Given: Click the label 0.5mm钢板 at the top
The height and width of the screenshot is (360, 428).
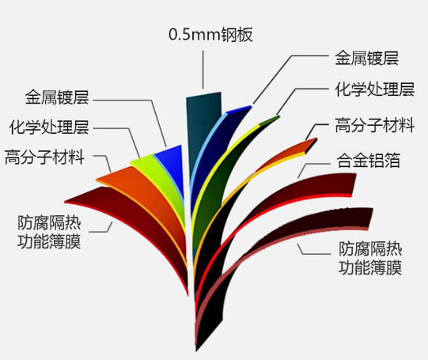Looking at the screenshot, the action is [x=210, y=35].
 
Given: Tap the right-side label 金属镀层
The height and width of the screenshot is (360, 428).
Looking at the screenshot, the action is [x=366, y=58].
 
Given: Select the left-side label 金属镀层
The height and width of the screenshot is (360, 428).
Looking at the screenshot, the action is [x=57, y=97].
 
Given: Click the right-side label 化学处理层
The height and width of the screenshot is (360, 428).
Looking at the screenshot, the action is [x=375, y=89].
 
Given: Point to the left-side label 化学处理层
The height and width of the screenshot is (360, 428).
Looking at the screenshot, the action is [x=49, y=127].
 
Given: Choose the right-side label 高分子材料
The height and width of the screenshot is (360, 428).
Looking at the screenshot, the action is [x=375, y=125].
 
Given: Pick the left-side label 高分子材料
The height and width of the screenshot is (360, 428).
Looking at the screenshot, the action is [x=44, y=157].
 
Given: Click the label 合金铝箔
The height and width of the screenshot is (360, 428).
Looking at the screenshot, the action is [x=368, y=160].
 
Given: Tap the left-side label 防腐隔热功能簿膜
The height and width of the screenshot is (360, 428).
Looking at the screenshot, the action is [x=49, y=232].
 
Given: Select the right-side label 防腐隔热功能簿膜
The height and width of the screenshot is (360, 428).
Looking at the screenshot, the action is [x=370, y=258].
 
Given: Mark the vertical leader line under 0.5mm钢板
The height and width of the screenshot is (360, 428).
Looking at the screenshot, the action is [x=203, y=70].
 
